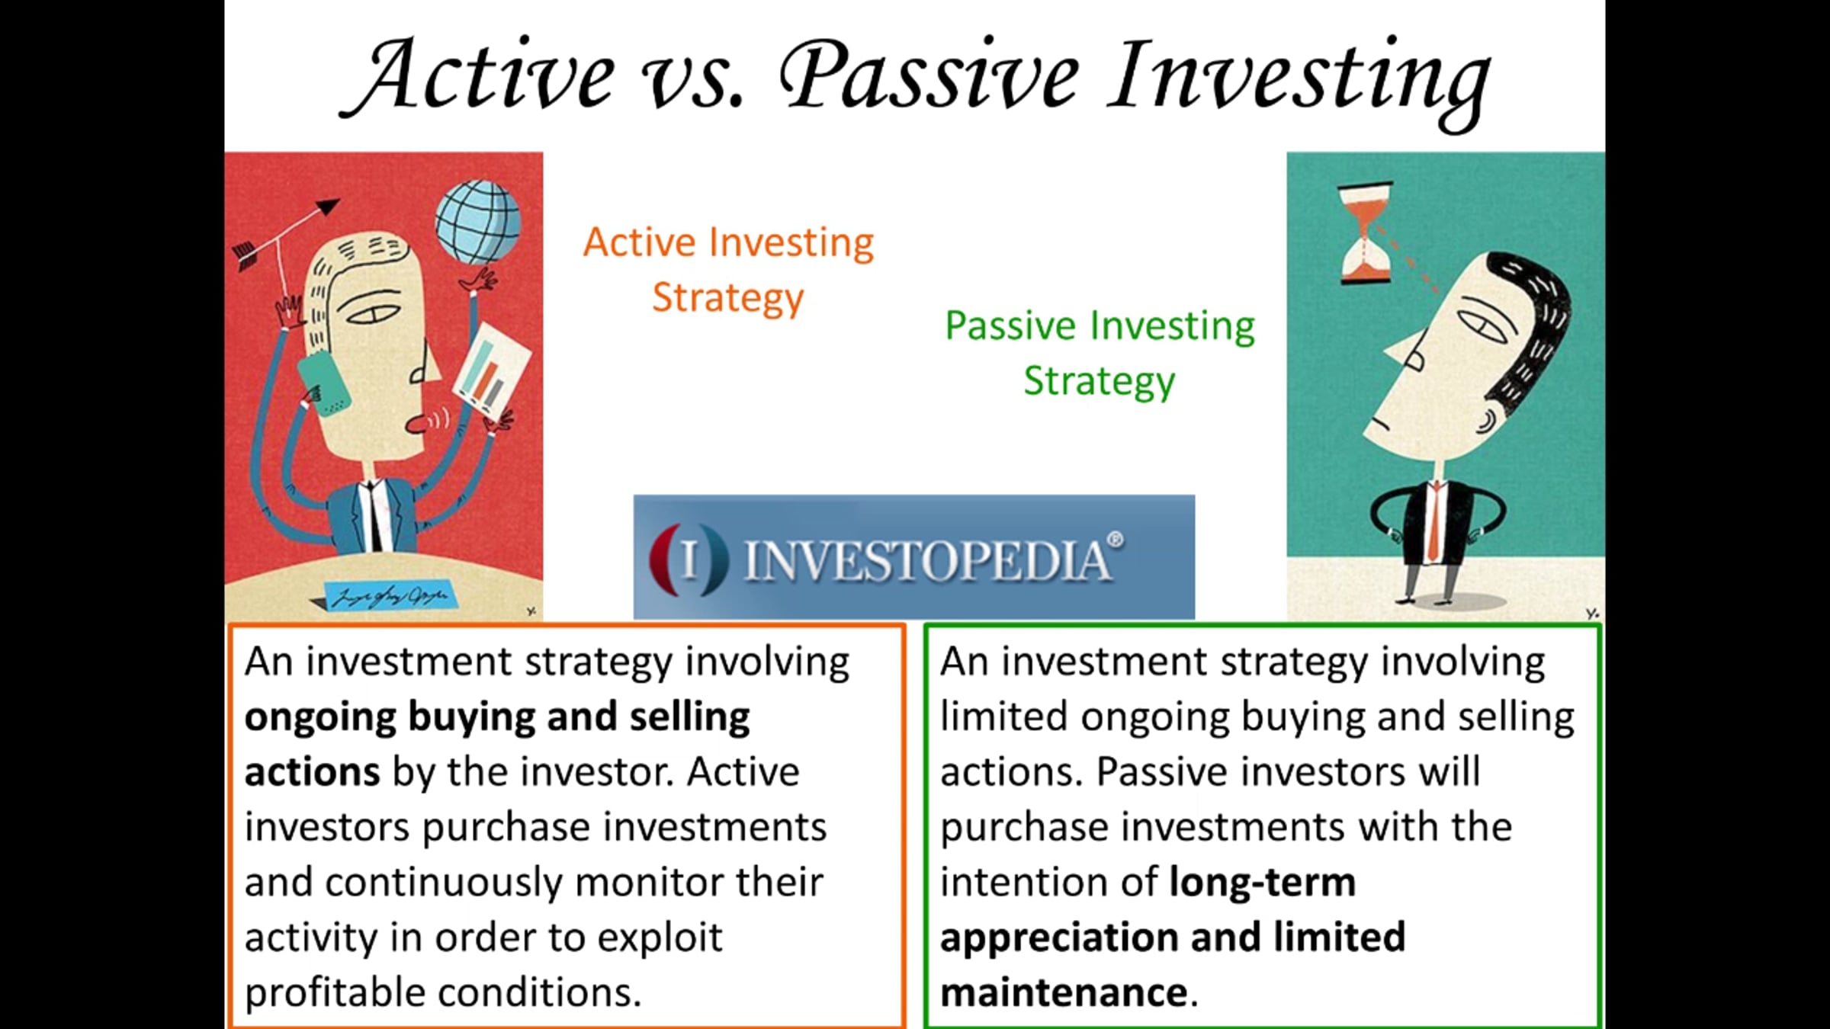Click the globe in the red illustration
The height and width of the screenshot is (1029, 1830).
478,222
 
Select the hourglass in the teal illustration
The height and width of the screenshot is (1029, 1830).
1366,232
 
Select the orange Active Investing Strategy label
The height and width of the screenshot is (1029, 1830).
728,270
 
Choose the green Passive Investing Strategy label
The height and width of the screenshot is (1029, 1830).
1100,354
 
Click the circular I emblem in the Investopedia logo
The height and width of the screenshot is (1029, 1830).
689,559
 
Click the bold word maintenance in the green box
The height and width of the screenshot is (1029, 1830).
1064,992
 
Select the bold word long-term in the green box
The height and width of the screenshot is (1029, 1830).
1263,883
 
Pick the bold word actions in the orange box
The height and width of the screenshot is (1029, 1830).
312,772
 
